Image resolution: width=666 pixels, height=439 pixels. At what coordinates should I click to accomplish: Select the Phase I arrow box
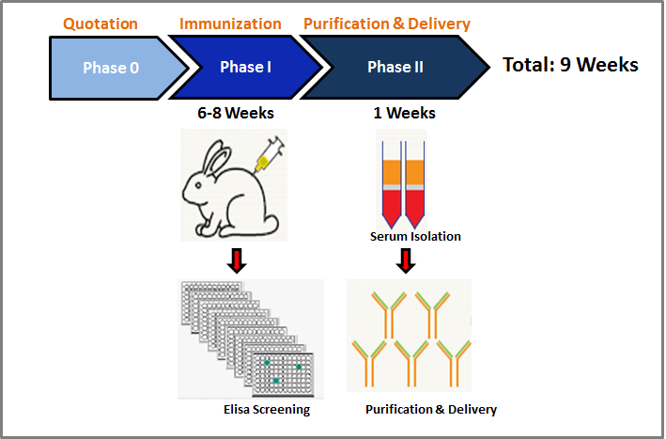tap(245, 67)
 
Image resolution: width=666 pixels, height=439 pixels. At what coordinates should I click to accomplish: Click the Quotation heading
tap(101, 24)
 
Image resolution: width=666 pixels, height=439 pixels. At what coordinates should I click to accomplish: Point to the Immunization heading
tap(230, 24)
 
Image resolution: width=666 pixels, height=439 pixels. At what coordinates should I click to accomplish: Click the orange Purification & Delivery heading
tap(387, 24)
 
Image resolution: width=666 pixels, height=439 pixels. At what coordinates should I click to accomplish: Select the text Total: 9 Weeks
tap(570, 65)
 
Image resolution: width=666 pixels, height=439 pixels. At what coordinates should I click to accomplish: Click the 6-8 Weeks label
tap(236, 113)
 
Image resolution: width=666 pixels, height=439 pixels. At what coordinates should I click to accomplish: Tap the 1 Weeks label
tap(404, 113)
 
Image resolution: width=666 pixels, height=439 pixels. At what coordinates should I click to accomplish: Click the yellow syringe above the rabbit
tap(270, 154)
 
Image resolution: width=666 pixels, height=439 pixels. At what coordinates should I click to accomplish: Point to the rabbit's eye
tap(198, 185)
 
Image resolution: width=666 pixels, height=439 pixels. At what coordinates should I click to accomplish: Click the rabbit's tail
tap(271, 222)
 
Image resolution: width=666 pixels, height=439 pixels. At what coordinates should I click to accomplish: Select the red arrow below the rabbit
tap(237, 260)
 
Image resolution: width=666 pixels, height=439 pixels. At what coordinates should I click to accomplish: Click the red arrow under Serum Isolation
tap(406, 260)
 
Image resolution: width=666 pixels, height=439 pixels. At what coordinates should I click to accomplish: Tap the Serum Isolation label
tap(415, 236)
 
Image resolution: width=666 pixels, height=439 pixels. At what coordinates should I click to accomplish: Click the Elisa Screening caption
tap(267, 409)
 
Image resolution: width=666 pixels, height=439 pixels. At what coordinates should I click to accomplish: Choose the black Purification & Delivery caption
tap(431, 409)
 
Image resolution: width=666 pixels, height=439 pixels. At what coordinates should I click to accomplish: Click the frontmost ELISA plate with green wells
tap(283, 374)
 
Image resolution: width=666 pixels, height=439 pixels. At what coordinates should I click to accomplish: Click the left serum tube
tap(392, 185)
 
